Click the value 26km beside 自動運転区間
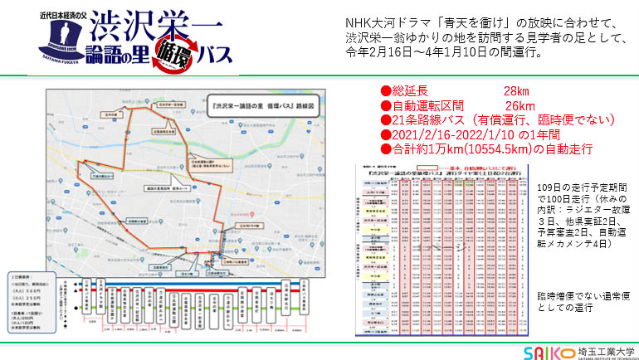[519, 105]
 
